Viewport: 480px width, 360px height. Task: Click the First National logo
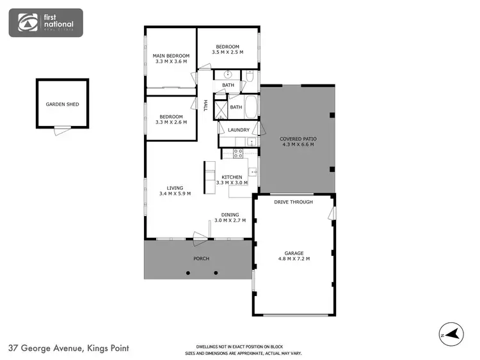click(45, 23)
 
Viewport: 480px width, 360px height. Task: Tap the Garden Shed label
click(62, 104)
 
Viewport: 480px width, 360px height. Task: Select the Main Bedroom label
click(170, 56)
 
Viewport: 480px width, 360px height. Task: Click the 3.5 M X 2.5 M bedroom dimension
click(227, 53)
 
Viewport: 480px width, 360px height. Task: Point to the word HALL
click(205, 106)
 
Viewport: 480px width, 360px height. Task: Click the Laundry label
click(238, 130)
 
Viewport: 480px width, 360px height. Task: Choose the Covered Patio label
click(298, 139)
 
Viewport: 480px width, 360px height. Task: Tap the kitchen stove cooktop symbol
click(238, 153)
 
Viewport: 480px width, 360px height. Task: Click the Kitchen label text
click(232, 176)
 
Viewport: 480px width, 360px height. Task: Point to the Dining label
click(230, 215)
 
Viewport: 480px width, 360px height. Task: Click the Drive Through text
click(293, 202)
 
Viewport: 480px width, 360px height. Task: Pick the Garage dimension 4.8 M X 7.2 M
click(294, 258)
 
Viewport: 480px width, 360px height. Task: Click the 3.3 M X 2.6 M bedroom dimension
click(171, 121)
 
